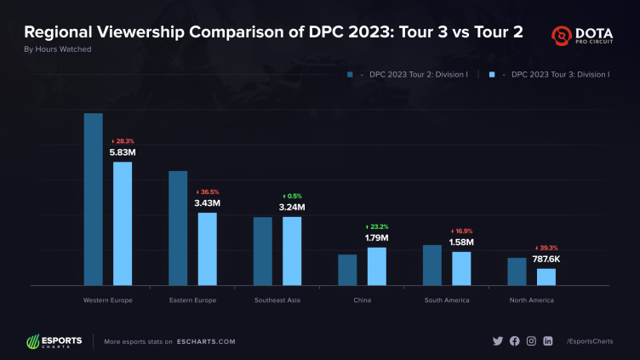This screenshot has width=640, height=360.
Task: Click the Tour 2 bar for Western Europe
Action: pyautogui.click(x=93, y=199)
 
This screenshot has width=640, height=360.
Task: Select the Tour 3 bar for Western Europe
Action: pyautogui.click(x=123, y=223)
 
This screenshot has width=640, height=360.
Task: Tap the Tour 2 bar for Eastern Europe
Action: pyautogui.click(x=178, y=228)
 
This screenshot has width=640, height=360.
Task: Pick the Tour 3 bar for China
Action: pyautogui.click(x=376, y=266)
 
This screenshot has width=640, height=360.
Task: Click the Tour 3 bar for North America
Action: pyautogui.click(x=546, y=277)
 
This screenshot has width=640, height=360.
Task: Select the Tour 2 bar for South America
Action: pyautogui.click(x=432, y=265)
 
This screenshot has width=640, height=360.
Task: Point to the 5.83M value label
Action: pyautogui.click(x=123, y=152)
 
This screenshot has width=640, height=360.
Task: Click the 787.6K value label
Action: pyautogui.click(x=546, y=259)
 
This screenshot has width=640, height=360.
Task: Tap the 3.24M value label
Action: pyautogui.click(x=292, y=207)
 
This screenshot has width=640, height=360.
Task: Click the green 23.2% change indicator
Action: pyautogui.click(x=376, y=226)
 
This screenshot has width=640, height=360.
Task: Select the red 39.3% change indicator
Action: pyautogui.click(x=546, y=248)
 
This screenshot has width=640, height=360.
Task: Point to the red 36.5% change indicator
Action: pyautogui.click(x=208, y=192)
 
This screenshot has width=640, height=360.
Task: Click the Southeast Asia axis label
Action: pyautogui.click(x=277, y=300)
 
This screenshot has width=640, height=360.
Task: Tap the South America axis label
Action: pyautogui.click(x=447, y=300)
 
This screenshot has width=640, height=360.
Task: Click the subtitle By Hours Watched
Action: pyautogui.click(x=58, y=49)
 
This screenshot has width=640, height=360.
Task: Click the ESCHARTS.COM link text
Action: pyautogui.click(x=207, y=341)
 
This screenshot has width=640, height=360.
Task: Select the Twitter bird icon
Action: pyautogui.click(x=498, y=341)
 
